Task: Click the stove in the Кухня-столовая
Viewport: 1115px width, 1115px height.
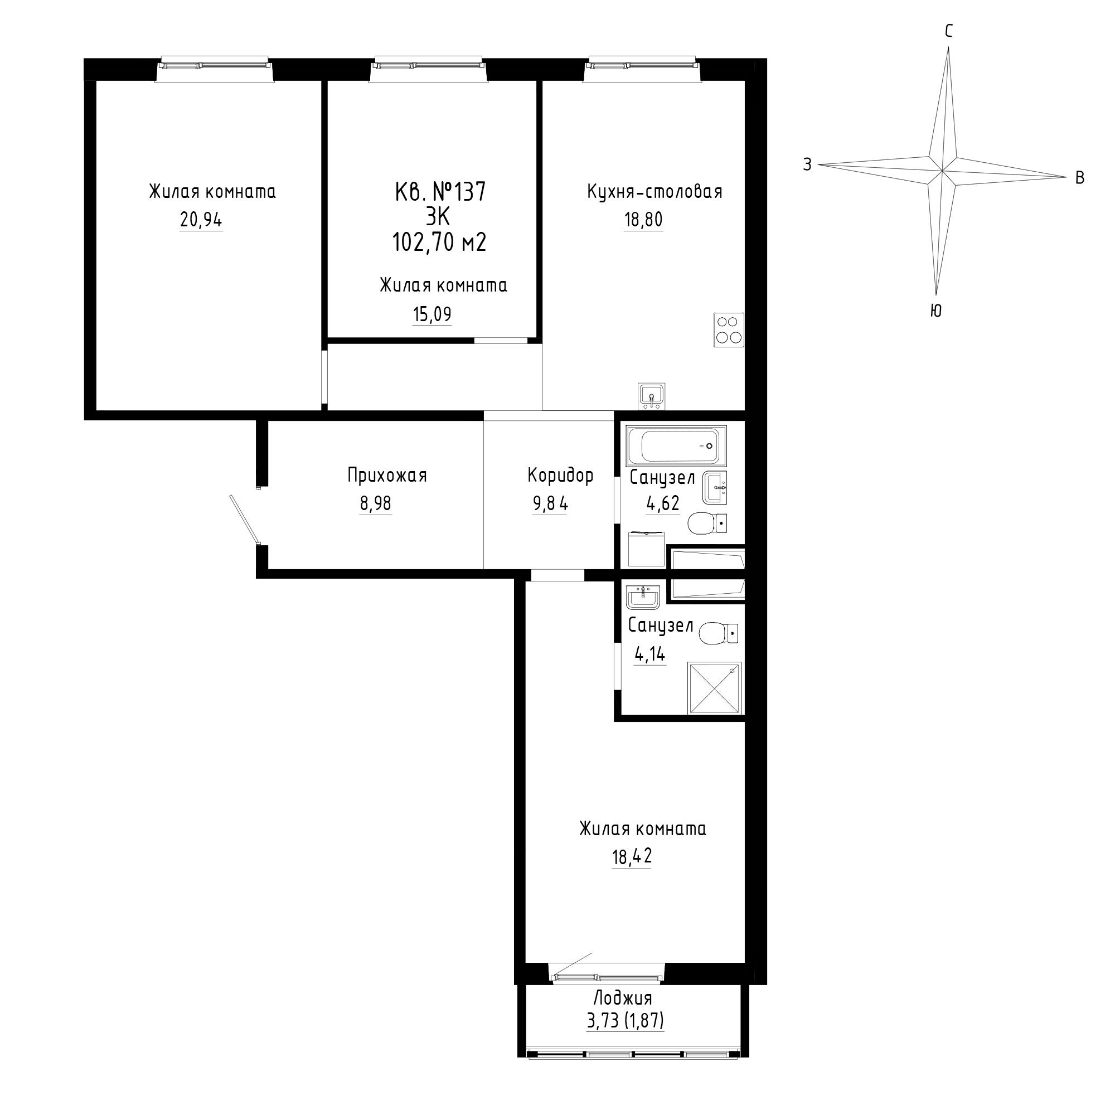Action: (729, 329)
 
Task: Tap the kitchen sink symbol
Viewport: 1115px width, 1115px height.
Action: (652, 396)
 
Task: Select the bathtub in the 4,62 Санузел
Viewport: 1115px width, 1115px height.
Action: (676, 445)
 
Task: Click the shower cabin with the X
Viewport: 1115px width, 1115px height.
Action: (714, 689)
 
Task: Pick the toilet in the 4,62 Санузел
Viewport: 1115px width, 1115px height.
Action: (707, 523)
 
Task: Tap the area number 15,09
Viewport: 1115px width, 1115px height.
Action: (432, 314)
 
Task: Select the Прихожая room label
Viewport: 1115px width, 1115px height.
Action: (387, 476)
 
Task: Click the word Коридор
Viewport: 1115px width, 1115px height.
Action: (560, 476)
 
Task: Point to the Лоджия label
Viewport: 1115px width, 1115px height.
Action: (623, 998)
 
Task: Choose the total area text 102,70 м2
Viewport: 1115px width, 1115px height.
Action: (439, 242)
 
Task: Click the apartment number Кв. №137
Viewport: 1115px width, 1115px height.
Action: (440, 192)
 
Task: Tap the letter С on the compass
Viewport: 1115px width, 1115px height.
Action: (948, 32)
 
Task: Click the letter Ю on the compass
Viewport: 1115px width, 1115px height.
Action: (936, 311)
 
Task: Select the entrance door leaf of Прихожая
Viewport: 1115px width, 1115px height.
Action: (244, 519)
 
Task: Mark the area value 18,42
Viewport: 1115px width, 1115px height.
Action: (632, 857)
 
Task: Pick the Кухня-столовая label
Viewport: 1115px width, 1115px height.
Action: (655, 192)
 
